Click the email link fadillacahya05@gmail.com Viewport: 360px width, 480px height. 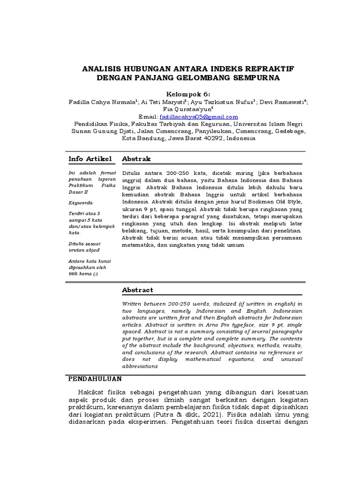coord(199,117)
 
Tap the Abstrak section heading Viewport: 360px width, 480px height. coord(136,159)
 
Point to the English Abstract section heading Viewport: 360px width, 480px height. coord(137,290)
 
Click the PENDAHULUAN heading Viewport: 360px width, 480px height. coord(95,378)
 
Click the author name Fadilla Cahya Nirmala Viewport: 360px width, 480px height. coord(102,102)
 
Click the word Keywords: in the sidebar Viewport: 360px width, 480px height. coord(81,202)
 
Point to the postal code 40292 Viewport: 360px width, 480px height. coord(211,139)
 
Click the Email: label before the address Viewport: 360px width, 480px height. coord(148,117)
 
